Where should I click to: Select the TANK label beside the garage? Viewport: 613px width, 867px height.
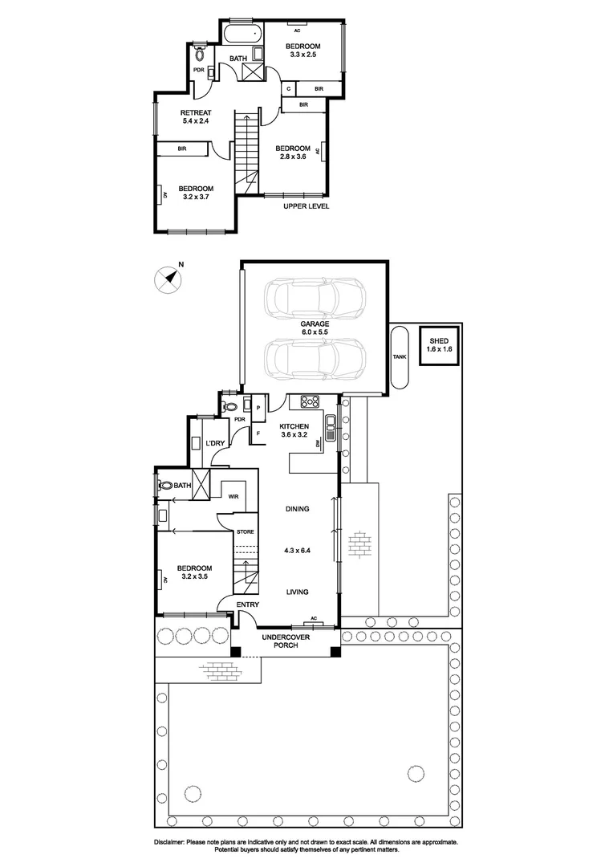400,357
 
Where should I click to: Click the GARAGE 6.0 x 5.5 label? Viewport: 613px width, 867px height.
315,328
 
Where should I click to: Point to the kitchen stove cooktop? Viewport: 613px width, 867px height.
311,402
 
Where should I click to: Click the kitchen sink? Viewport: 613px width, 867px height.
331,424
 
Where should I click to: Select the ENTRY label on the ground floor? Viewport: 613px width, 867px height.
248,604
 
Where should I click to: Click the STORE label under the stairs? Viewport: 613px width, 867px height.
245,531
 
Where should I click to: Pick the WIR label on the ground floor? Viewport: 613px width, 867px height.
233,497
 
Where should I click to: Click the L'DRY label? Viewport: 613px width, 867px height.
214,443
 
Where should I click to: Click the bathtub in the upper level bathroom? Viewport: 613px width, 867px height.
242,35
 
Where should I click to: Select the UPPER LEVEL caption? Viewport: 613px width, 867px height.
306,206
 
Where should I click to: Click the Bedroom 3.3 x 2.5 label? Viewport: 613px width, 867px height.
303,51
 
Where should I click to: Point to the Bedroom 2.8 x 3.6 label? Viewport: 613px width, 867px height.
293,153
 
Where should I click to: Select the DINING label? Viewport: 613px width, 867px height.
298,508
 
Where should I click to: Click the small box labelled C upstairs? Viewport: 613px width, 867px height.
288,89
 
